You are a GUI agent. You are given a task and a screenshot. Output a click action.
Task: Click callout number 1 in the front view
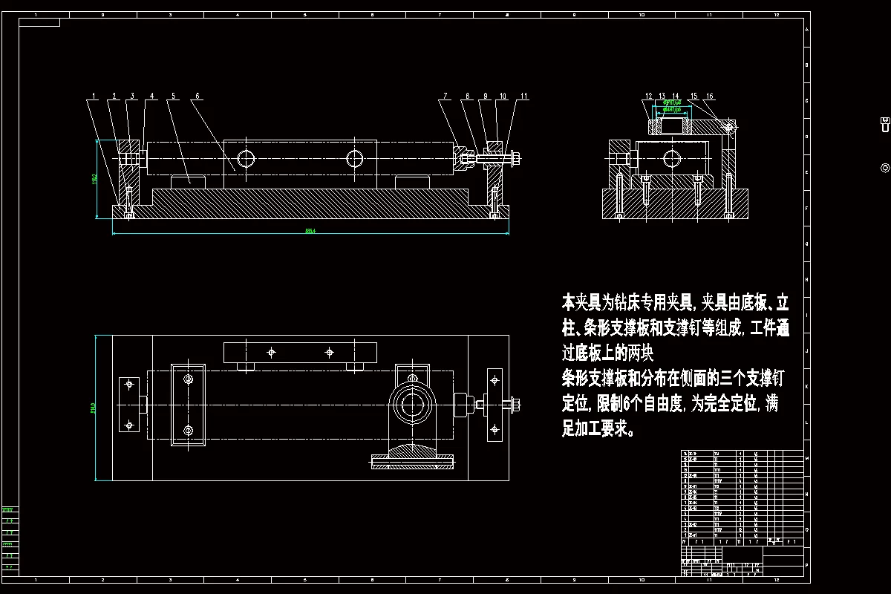(94, 97)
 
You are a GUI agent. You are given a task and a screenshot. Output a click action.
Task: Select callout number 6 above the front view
(198, 97)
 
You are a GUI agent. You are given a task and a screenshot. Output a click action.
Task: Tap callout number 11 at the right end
(523, 97)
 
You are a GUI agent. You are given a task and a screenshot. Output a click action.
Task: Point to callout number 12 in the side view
(648, 97)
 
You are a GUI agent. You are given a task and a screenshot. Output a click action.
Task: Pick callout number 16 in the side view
(710, 97)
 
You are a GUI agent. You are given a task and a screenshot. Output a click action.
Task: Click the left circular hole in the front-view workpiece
(246, 158)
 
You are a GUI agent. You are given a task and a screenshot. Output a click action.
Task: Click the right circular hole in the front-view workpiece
(355, 158)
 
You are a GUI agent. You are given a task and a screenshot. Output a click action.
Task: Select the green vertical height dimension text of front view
(95, 179)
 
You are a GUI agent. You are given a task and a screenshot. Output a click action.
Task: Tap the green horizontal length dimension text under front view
(310, 231)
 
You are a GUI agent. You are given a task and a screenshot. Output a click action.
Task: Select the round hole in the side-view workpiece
(671, 158)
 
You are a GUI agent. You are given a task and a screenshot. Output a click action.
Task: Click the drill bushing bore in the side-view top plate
(671, 126)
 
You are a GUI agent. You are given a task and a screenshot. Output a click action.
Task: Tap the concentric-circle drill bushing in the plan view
(411, 405)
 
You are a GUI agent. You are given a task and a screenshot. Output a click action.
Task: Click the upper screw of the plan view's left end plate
(129, 385)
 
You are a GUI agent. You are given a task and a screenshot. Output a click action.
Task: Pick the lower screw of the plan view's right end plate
(493, 428)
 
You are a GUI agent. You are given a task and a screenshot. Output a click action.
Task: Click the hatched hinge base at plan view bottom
(412, 454)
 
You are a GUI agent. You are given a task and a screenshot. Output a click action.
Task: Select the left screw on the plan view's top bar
(272, 351)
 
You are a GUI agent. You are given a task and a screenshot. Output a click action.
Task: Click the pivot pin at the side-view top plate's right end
(728, 127)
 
